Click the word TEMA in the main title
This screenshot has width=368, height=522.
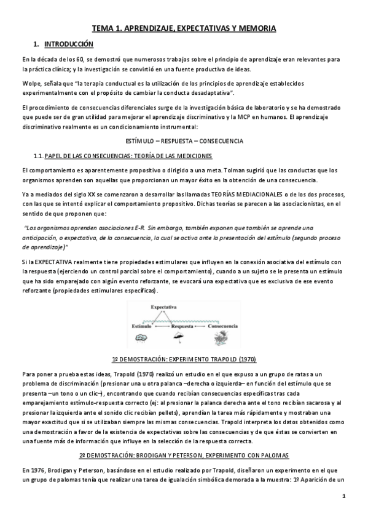click(103, 28)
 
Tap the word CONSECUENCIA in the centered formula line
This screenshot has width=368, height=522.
click(222, 141)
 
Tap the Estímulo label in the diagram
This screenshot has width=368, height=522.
click(144, 325)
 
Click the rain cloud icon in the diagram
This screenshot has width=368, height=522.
click(146, 335)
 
